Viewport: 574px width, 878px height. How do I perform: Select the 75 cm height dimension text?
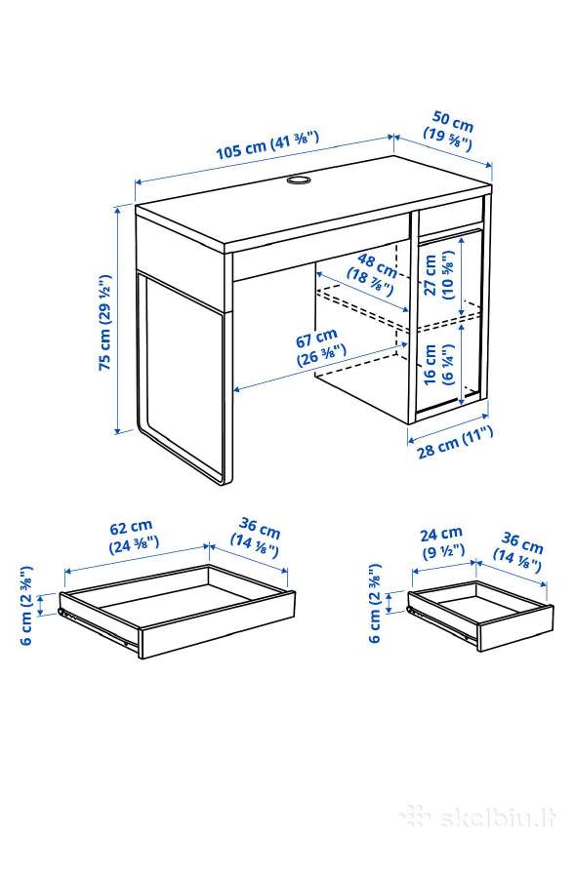pos(104,323)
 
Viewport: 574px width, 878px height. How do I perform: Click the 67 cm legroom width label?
pos(319,347)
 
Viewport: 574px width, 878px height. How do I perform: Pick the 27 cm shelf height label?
pos(439,274)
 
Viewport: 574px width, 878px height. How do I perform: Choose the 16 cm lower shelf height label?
pos(438,364)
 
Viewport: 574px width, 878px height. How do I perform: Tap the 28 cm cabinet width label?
pos(455,442)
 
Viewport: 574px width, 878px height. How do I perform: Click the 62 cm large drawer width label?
pos(133,536)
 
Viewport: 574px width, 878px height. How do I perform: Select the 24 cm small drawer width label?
pos(442,541)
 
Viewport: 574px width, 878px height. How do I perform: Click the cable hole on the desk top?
pos(298,180)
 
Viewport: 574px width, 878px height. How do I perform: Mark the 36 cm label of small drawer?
pos(518,554)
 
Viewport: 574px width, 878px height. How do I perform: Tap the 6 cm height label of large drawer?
pos(26,605)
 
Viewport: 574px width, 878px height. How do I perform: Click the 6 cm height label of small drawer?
pos(375,603)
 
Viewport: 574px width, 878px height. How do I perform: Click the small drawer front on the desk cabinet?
pos(451,216)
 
